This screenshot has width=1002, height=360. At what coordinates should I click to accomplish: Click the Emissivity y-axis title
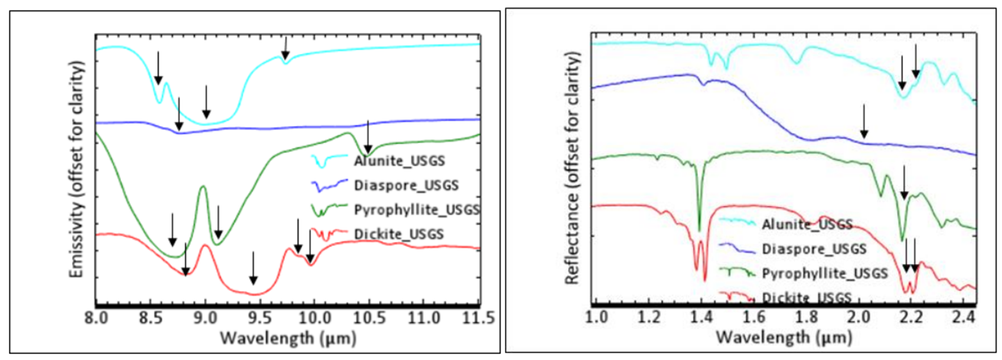(77, 169)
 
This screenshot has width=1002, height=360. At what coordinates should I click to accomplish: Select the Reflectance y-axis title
(572, 169)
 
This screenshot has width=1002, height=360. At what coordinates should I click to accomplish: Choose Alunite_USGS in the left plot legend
(399, 161)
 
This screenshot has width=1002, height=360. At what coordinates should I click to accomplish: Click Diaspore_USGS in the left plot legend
(406, 185)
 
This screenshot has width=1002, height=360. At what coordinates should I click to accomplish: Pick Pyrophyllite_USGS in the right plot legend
(824, 274)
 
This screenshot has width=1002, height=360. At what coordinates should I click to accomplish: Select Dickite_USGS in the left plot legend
(399, 234)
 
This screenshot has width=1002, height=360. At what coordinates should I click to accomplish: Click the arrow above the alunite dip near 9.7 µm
(286, 47)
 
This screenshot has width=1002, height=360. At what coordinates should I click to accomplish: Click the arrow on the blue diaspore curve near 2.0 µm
(864, 121)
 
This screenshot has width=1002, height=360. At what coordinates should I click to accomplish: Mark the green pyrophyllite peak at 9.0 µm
(203, 187)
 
